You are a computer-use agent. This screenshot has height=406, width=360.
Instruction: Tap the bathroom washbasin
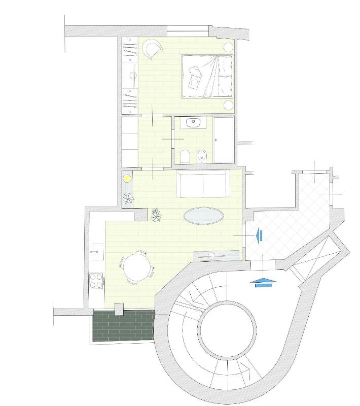point(193,122)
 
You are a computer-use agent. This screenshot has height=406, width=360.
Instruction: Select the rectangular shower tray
point(224,140)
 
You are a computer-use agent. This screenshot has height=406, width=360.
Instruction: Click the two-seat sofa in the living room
point(203,184)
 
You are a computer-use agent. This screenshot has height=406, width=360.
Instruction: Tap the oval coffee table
point(203,216)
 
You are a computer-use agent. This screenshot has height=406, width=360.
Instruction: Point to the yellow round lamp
point(127,179)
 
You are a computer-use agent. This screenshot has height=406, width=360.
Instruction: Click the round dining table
point(136,266)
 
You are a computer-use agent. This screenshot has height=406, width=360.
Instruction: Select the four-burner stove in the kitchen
point(96,281)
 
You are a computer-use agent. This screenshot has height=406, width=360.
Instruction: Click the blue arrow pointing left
point(260,235)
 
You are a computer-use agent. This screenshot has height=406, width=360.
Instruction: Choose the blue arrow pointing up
point(264,282)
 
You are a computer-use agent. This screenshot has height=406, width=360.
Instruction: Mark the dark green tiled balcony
point(122,326)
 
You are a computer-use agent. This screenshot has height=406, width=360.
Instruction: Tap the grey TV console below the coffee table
point(217,255)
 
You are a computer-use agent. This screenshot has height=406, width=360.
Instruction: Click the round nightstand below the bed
point(229,105)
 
